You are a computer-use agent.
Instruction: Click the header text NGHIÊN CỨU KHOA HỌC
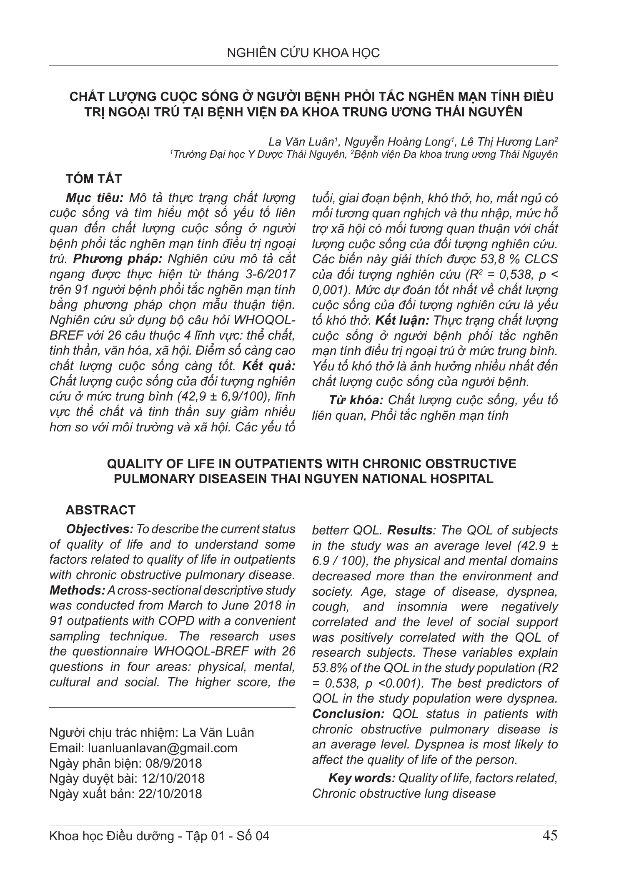pyautogui.click(x=303, y=53)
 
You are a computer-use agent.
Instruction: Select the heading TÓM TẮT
pyautogui.click(x=94, y=179)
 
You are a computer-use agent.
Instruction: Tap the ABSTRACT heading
pyautogui.click(x=100, y=510)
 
